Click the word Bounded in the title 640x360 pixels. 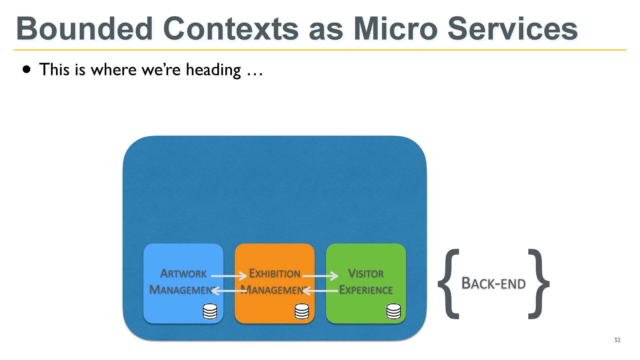(84, 29)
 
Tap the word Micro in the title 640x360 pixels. (395, 29)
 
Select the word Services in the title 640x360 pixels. (513, 29)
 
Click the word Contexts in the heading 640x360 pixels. (231, 29)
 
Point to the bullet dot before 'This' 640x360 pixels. (27, 70)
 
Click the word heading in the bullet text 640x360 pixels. (213, 70)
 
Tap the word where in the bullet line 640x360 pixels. (114, 70)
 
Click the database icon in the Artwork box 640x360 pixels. (210, 311)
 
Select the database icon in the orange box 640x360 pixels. (302, 311)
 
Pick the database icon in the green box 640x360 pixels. (394, 311)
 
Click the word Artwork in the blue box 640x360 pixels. (183, 273)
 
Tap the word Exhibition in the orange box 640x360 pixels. (275, 273)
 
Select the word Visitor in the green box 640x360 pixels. (366, 273)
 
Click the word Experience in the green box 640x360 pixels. (366, 290)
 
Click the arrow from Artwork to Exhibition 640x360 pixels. (229, 276)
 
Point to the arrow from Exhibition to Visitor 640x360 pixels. (320, 276)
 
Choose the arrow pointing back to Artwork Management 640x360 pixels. (229, 291)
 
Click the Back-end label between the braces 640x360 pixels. (493, 283)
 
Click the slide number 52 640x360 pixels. (617, 340)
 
